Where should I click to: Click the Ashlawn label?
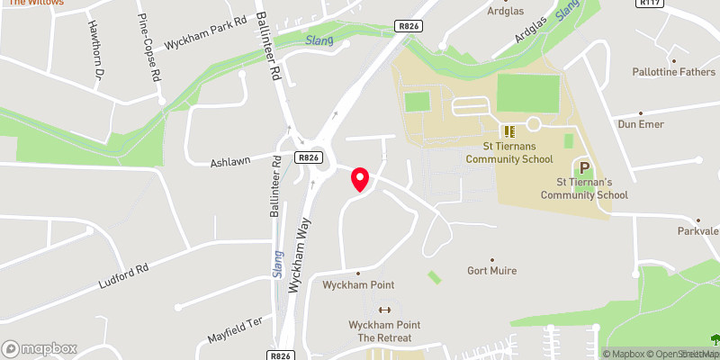tap(229, 163)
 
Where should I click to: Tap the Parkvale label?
tap(698, 231)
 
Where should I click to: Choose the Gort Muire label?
tap(490, 269)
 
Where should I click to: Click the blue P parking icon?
tap(583, 167)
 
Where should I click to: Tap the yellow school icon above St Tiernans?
tap(508, 131)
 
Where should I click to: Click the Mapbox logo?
tap(40, 348)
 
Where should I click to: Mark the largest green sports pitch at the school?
tap(527, 94)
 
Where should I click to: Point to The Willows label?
tap(36, 4)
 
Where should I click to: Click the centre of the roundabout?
tap(309, 157)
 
